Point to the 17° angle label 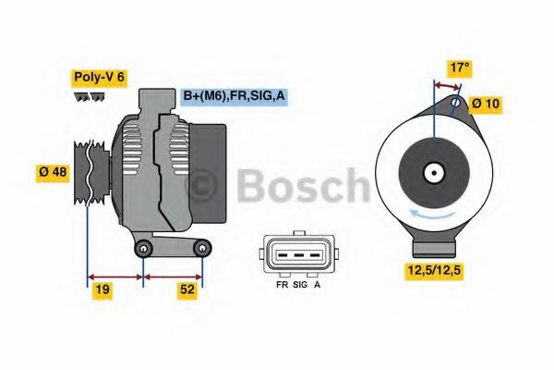460,68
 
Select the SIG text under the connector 300,286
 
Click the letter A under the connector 318,286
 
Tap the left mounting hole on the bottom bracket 143,252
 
